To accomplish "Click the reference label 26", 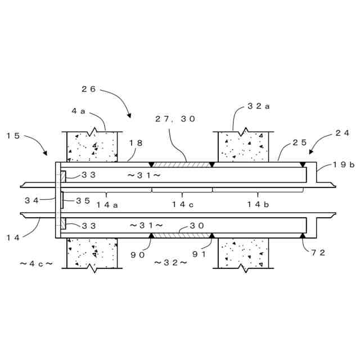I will click(x=89, y=89).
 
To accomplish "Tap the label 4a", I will click(x=78, y=111).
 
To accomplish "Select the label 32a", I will click(x=258, y=106).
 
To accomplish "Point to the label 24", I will click(x=342, y=133).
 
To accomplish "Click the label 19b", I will click(x=343, y=165).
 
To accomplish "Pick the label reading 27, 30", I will click(x=175, y=119).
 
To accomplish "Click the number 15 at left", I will click(x=14, y=136).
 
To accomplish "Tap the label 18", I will click(x=136, y=143).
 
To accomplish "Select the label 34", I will click(x=31, y=199).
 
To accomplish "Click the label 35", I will click(x=83, y=199).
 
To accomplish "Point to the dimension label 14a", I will click(x=106, y=205).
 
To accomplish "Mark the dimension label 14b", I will click(x=258, y=205).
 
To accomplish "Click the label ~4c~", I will click(x=36, y=263).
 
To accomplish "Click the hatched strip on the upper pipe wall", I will click(x=181, y=165).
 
